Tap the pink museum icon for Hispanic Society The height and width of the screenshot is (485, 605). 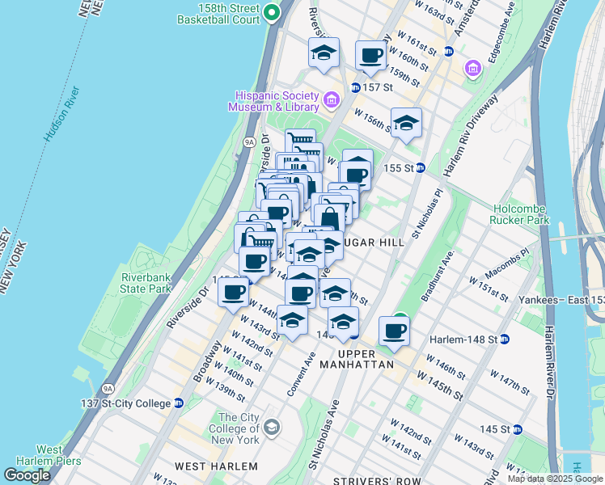tap(331, 101)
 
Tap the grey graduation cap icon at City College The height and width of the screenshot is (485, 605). tap(272, 426)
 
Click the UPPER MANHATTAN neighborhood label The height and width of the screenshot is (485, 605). tap(366, 359)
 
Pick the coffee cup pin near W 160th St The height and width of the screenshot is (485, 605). tap(371, 57)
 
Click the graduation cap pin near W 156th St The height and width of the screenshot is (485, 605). tap(406, 124)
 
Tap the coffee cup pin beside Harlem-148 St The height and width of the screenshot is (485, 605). tap(394, 331)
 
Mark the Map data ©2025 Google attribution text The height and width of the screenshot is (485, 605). tap(555, 479)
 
